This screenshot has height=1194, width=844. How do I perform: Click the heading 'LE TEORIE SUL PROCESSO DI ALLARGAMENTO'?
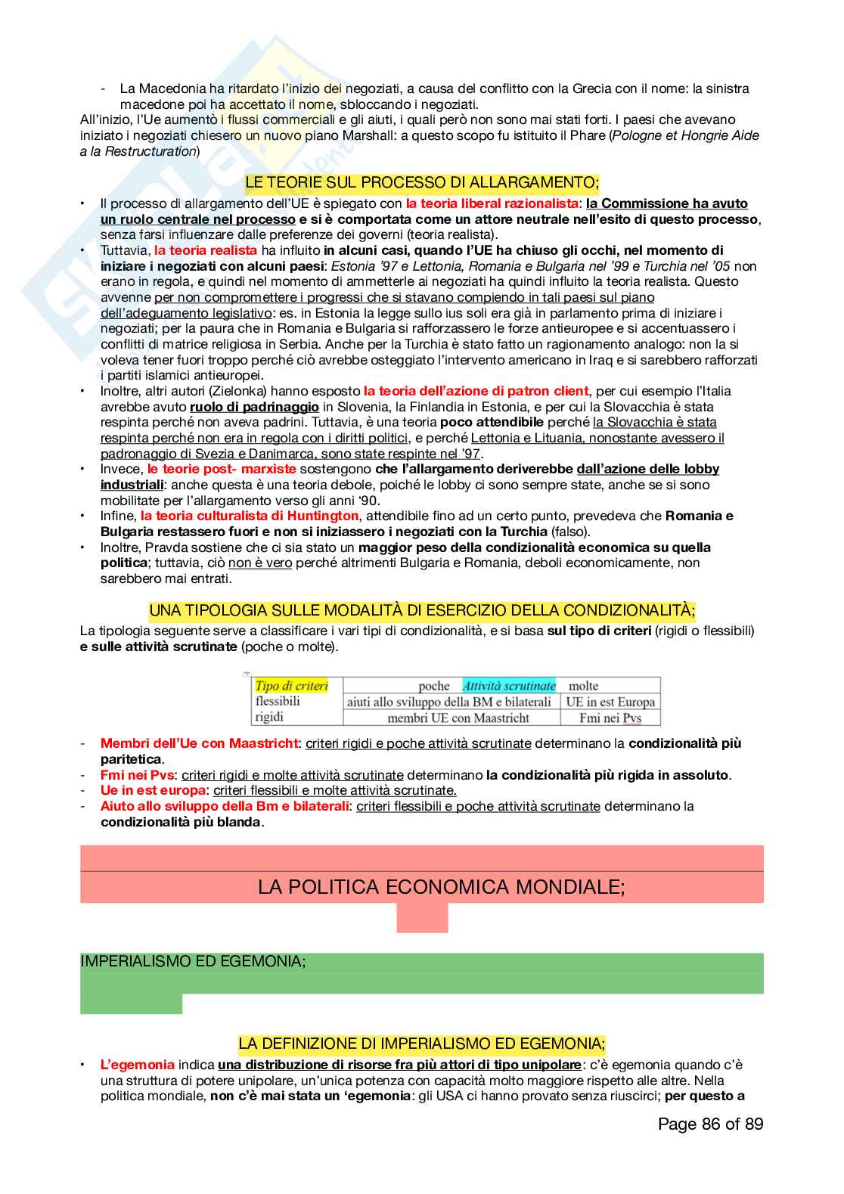tap(421, 182)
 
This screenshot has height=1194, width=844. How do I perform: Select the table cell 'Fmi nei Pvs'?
tap(610, 718)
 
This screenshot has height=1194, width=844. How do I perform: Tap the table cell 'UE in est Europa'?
tap(610, 702)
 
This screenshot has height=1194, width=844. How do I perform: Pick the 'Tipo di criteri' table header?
tap(291, 686)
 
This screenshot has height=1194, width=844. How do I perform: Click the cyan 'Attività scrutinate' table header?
tap(508, 686)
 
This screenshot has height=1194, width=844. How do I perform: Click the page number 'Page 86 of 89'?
tap(710, 1124)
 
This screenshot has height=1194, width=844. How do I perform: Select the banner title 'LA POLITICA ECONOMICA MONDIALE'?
tap(441, 886)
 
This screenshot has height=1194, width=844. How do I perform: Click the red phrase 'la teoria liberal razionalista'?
tap(492, 203)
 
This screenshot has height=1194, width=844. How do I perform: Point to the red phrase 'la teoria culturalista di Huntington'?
tap(250, 516)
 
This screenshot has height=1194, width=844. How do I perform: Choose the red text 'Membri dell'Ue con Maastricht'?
tap(199, 743)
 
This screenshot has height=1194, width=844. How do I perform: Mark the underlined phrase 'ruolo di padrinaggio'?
tap(254, 407)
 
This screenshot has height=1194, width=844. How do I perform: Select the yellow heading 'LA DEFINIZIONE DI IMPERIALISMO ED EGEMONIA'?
tap(421, 1044)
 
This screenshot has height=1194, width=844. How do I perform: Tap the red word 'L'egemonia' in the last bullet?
tap(137, 1065)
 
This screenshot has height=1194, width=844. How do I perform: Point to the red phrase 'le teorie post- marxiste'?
tap(222, 469)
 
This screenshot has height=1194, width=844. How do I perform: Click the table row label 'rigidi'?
tap(270, 717)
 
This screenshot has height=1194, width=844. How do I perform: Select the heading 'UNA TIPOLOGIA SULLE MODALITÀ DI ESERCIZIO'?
tap(421, 610)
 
